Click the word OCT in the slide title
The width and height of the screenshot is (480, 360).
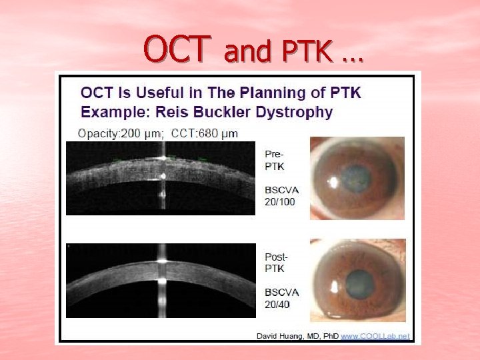point(177,48)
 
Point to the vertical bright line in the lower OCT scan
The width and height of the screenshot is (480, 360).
point(161,280)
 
